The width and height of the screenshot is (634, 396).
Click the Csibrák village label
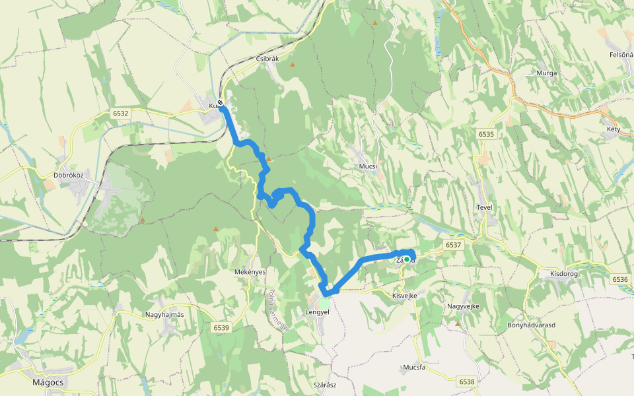point(267,59)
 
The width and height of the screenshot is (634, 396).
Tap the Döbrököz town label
point(68,176)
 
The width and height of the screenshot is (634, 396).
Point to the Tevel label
point(485,207)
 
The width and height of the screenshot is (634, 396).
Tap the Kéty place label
point(614,129)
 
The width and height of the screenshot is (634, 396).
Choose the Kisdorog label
point(563,273)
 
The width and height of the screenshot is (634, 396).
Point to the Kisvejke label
point(405,296)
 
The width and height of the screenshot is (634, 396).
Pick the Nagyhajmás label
point(164,315)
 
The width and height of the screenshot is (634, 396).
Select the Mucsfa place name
point(413,368)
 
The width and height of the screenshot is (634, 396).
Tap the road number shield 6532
point(121,114)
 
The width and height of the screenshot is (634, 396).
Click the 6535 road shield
point(486,134)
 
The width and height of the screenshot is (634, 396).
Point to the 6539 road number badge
point(221,327)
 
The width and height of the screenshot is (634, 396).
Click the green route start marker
point(407,259)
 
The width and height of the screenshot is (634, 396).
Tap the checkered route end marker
point(220,103)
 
